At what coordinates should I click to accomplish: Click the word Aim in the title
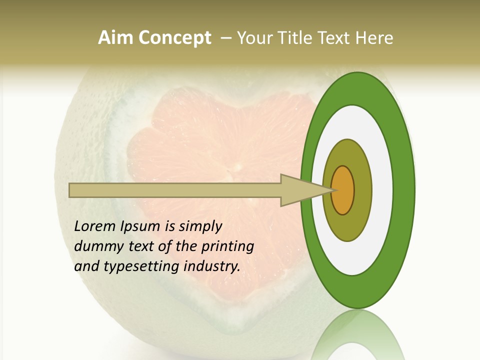[x=116, y=38]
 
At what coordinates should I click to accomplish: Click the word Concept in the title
[x=174, y=38]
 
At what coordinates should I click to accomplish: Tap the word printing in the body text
[x=228, y=247]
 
